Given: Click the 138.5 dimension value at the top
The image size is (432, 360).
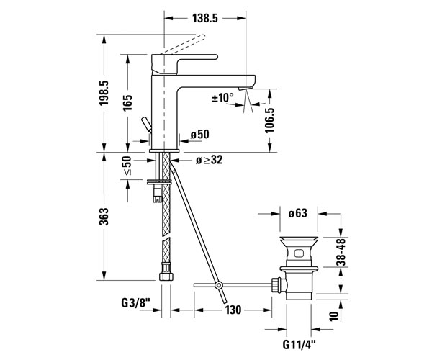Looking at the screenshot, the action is [x=205, y=19].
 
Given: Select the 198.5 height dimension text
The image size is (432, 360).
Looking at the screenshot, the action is [x=104, y=93].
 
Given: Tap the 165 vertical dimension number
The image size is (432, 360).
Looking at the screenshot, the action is [x=127, y=103].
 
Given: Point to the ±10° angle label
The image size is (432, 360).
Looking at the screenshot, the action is [x=222, y=97].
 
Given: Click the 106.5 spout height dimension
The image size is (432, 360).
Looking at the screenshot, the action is [x=270, y=120].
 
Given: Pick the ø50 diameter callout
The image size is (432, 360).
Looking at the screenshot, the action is [x=199, y=135].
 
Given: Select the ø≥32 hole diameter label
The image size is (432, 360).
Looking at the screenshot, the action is [x=209, y=160].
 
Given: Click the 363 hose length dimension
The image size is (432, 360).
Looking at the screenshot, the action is [x=104, y=217].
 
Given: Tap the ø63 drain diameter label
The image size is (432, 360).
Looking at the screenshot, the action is [x=297, y=213].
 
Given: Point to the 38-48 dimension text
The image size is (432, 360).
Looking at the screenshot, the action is [x=341, y=252].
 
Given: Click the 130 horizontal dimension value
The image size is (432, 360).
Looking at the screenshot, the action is [x=233, y=310].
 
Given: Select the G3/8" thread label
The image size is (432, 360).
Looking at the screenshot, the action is [x=135, y=303].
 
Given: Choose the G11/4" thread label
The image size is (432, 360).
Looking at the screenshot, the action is [x=300, y=344].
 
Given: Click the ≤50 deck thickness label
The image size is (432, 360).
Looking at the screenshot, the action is [x=127, y=166].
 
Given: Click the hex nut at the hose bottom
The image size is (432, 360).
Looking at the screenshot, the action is [x=166, y=276].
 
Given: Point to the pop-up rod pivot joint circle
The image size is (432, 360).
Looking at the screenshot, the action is [x=218, y=285].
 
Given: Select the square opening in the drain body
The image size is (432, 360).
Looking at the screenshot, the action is [x=299, y=253].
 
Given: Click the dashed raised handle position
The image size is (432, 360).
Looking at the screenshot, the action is [x=183, y=44].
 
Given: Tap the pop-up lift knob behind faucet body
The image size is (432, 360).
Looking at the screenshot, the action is [x=146, y=125].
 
